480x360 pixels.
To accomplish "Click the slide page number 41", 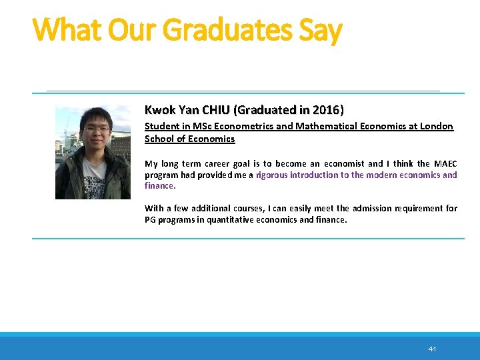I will [432, 349].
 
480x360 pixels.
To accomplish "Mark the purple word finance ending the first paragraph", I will [159, 185].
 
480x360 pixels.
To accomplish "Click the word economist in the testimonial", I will [342, 163].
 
